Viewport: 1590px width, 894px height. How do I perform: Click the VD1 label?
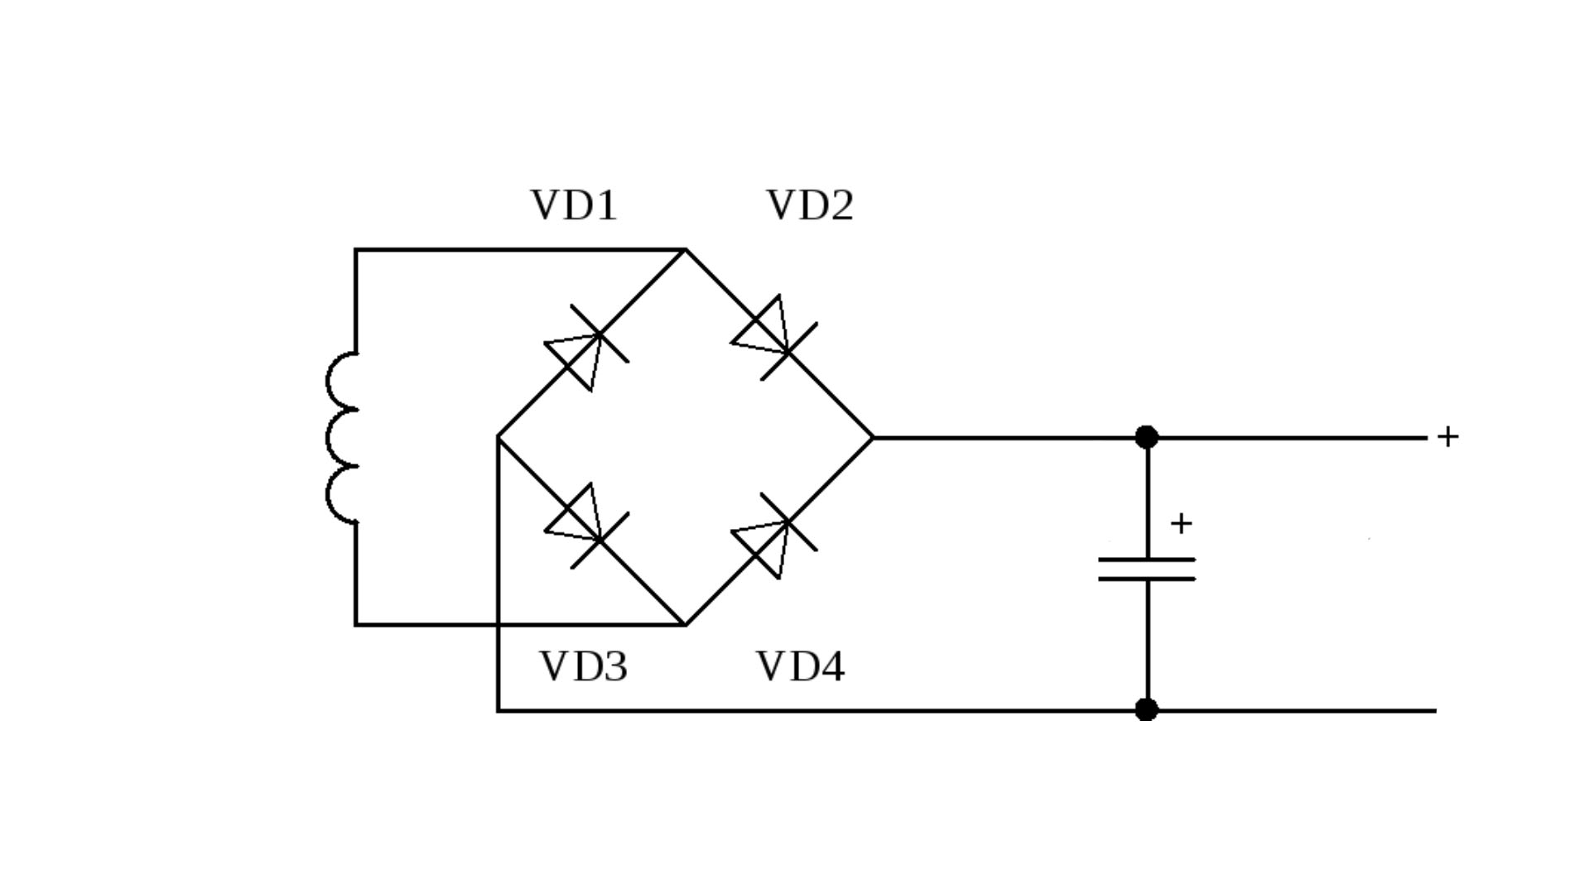574,206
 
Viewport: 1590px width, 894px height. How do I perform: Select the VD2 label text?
810,206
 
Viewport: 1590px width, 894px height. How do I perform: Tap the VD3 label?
584,667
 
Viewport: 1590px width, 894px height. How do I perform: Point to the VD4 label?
801,667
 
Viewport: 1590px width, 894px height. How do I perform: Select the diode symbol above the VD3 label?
586,526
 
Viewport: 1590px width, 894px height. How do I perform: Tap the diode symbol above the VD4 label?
773,536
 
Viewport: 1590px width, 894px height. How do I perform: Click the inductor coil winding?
341,438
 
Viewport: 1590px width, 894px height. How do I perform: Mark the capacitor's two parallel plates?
1147,570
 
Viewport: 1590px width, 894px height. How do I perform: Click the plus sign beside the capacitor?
1181,524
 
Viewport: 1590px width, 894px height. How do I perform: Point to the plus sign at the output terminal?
1448,436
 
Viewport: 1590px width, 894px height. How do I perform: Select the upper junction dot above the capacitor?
1147,437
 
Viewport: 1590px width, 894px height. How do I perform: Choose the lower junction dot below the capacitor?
1147,709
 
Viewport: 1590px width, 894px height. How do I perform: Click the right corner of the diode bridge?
873,437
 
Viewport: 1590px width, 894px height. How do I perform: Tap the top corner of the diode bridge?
686,249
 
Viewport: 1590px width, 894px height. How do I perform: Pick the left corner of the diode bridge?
499,436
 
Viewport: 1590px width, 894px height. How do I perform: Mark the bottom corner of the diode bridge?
686,625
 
